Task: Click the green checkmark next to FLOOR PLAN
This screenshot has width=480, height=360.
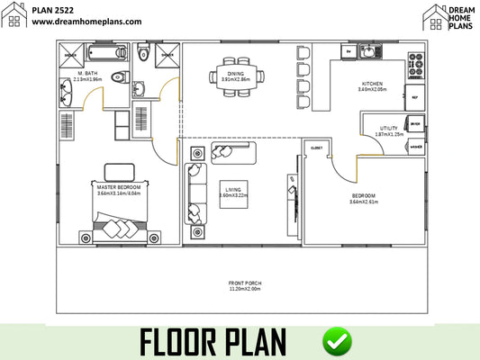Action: click(x=338, y=341)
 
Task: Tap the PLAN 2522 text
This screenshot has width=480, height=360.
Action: click(x=53, y=8)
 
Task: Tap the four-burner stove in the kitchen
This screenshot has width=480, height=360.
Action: click(x=415, y=64)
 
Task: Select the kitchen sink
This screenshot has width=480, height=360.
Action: click(x=368, y=53)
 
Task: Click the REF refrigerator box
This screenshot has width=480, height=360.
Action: click(x=414, y=95)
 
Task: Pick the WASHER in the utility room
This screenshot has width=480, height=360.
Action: click(x=415, y=146)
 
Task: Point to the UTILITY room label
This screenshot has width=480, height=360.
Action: click(x=388, y=129)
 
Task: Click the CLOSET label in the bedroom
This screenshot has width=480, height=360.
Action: click(x=317, y=147)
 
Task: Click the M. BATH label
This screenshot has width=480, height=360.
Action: click(x=87, y=73)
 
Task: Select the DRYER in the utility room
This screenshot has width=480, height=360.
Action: click(x=415, y=125)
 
